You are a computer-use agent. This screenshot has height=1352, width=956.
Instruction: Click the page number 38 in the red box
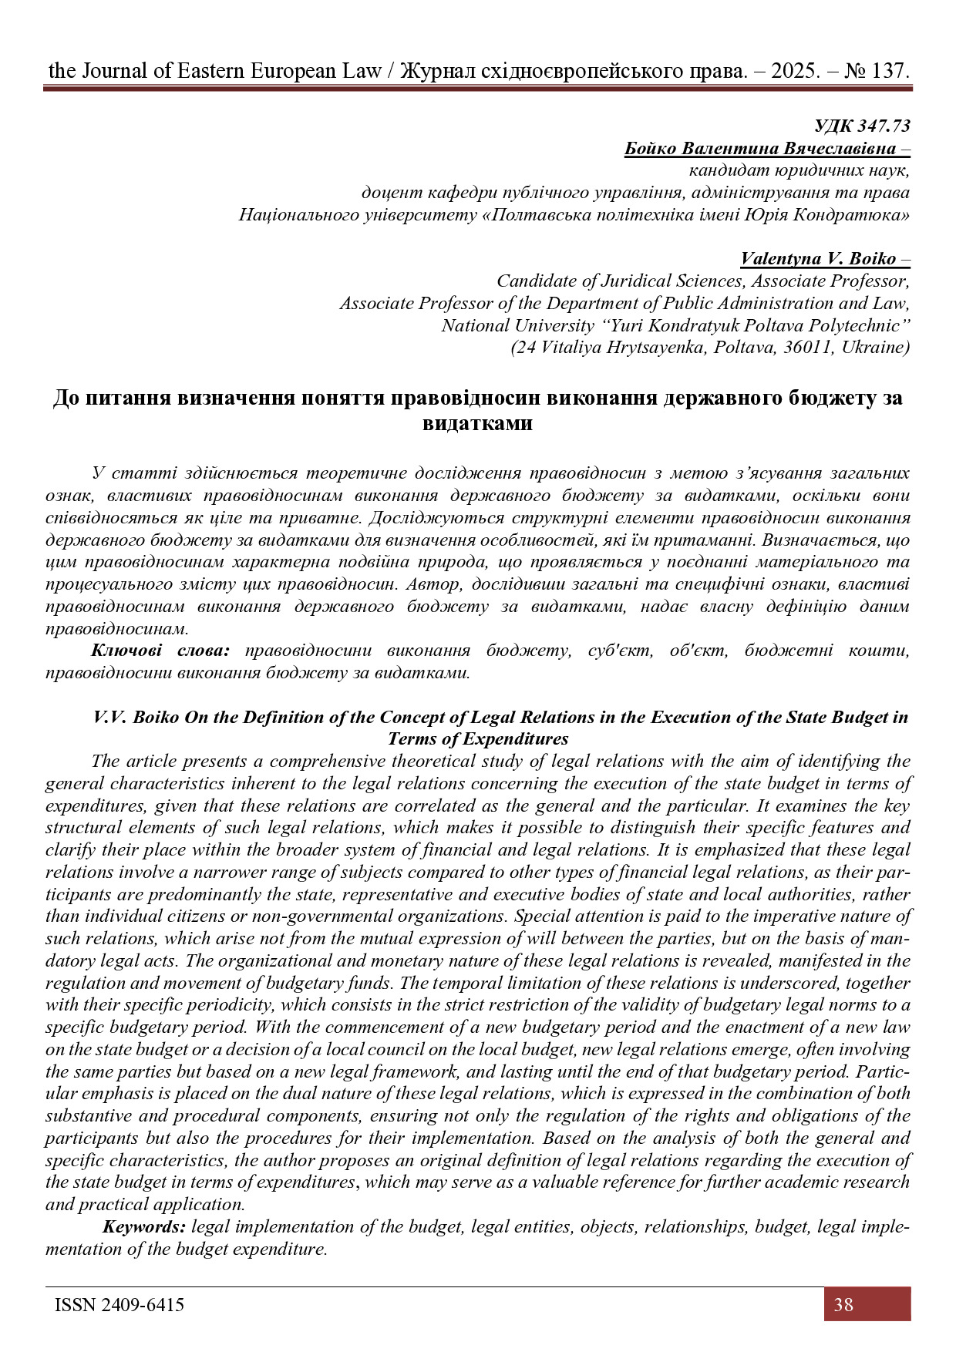[843, 1304]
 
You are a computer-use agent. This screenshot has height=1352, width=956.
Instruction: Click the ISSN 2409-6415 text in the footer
[119, 1304]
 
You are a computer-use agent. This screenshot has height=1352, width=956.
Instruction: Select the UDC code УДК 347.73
[862, 126]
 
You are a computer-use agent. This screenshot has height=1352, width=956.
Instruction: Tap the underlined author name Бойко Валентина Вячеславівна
[760, 149]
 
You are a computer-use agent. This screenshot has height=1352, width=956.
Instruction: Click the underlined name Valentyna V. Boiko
[818, 259]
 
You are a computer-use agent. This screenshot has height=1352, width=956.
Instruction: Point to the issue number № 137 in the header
[877, 71]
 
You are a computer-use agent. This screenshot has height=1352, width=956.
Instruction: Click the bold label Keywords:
[144, 1226]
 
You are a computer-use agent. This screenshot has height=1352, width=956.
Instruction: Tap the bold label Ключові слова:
[160, 651]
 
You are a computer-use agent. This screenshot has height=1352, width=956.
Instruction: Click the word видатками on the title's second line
[477, 423]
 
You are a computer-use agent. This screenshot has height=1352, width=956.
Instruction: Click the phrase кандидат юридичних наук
[799, 170]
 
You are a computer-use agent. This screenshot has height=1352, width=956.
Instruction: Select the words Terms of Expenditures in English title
[477, 739]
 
